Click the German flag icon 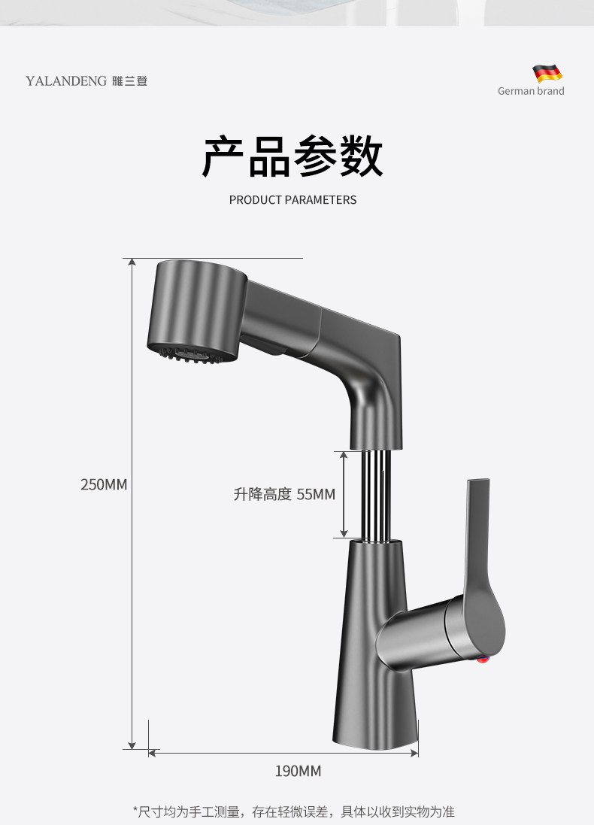(548, 74)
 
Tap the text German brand (531, 91)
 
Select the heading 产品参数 (292, 156)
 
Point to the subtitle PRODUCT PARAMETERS (292, 200)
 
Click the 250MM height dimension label (104, 485)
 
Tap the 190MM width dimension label (298, 771)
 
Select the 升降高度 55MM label (284, 494)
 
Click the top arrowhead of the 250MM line (132, 262)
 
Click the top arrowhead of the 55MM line (344, 455)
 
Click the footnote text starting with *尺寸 (293, 811)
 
